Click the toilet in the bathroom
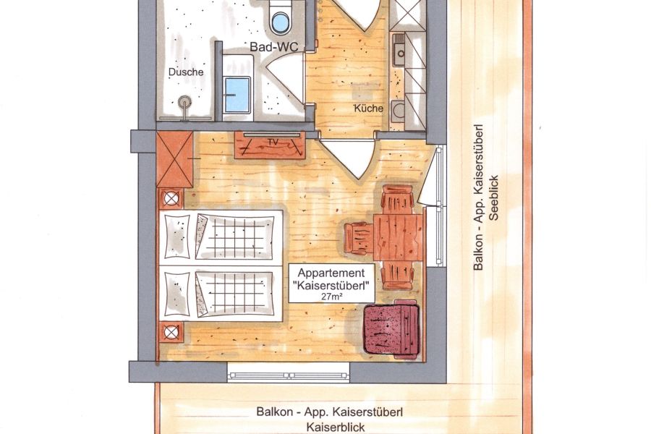click(x=279, y=17)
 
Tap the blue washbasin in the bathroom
click(x=237, y=95)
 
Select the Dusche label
click(x=186, y=72)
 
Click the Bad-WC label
click(x=273, y=47)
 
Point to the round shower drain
click(x=184, y=102)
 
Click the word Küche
click(x=368, y=109)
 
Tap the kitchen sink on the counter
click(x=399, y=49)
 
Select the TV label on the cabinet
click(x=273, y=142)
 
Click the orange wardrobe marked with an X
click(x=174, y=159)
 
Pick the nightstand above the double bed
click(x=171, y=198)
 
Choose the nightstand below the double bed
click(x=171, y=332)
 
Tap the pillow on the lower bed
click(x=177, y=294)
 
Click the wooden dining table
click(x=398, y=237)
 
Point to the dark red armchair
click(x=391, y=328)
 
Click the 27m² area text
click(x=332, y=297)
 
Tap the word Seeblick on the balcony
click(x=493, y=197)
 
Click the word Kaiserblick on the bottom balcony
click(x=336, y=427)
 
